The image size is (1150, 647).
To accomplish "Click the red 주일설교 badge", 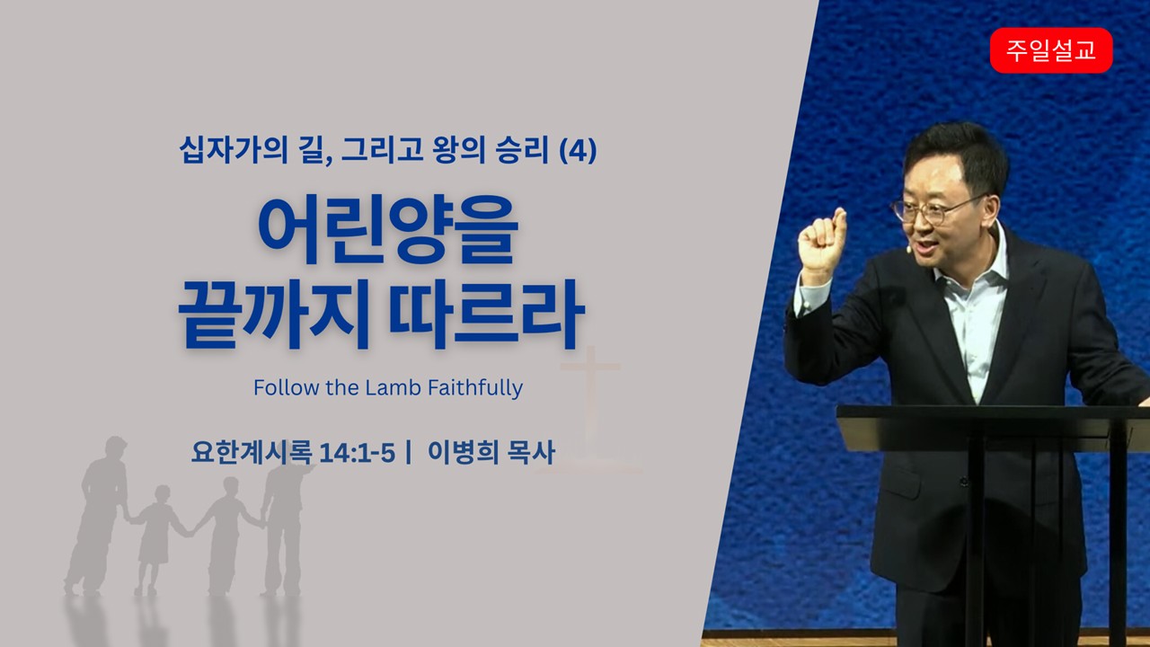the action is point(1051,50).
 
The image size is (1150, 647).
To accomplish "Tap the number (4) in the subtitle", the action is point(578,150).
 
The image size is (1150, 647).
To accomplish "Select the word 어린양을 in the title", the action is point(388,229).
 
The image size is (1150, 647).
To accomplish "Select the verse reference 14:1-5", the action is point(357,453).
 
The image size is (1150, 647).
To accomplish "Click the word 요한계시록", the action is point(252,452).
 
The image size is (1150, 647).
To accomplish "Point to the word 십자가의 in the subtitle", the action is point(233,149).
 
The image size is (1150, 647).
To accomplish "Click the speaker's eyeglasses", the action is point(932,209).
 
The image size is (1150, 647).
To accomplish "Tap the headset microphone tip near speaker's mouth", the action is point(908,250).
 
